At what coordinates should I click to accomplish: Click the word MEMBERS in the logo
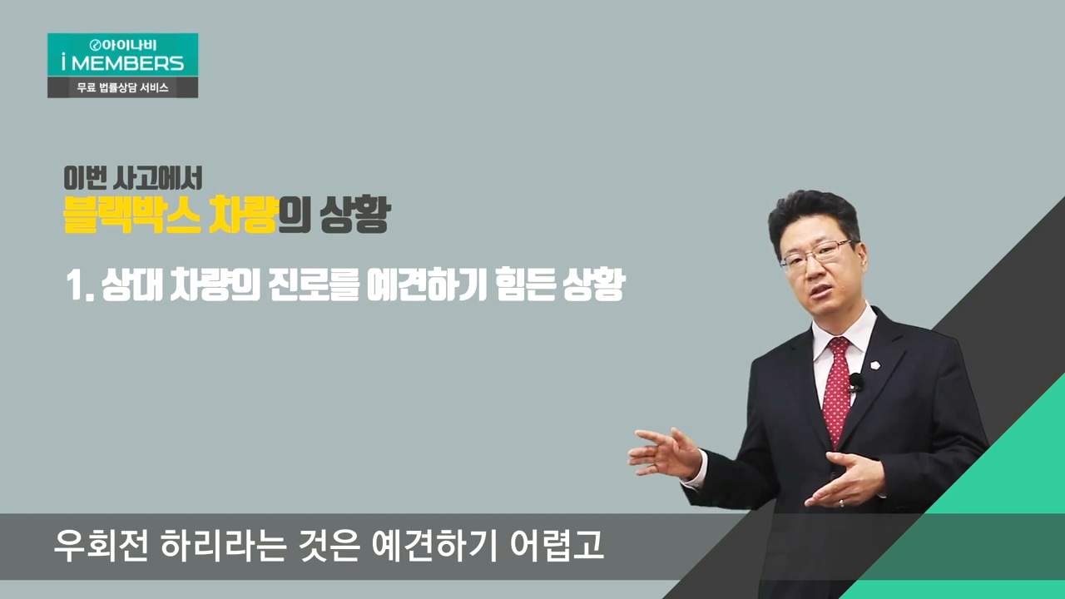pos(127,63)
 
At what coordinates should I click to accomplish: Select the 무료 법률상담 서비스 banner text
pos(122,87)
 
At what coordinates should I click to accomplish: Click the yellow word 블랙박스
pos(131,215)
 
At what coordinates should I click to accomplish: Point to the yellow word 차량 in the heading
pos(242,215)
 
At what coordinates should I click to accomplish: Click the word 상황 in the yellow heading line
pos(355,215)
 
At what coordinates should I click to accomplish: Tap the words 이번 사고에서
pos(132,178)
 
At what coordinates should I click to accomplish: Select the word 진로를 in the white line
pos(314,285)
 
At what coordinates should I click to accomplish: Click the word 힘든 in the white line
pos(524,285)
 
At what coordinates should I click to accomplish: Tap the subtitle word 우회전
pos(101,547)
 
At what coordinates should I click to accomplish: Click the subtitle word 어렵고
pos(557,547)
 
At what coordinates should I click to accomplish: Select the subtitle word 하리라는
pos(224,547)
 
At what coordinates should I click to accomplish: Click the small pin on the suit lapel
pos(874,365)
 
